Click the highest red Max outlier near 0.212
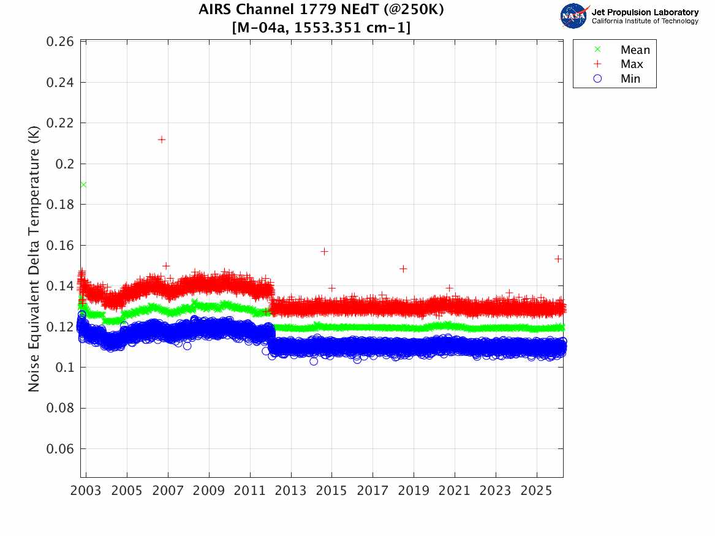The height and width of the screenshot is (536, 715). click(162, 140)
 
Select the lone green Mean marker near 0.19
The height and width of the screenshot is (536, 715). click(83, 184)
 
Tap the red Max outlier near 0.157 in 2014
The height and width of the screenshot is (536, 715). click(324, 251)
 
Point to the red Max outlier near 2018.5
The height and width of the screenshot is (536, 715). click(403, 269)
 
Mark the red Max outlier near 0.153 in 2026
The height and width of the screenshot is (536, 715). click(558, 259)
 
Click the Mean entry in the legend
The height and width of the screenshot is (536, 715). click(634, 50)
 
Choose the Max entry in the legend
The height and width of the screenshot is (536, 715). click(631, 64)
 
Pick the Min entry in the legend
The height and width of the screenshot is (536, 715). click(630, 78)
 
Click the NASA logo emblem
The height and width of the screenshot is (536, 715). click(573, 15)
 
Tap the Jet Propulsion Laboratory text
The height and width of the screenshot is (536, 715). click(645, 12)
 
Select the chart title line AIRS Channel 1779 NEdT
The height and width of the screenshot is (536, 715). click(321, 10)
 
